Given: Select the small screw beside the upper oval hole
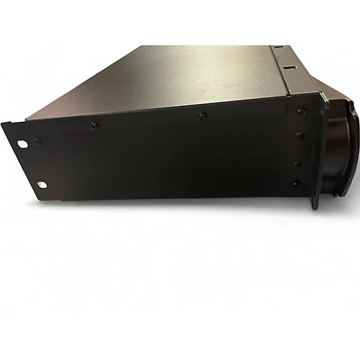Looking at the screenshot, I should pyautogui.click(x=36, y=141).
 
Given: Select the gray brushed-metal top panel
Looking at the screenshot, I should pyautogui.click(x=180, y=76).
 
